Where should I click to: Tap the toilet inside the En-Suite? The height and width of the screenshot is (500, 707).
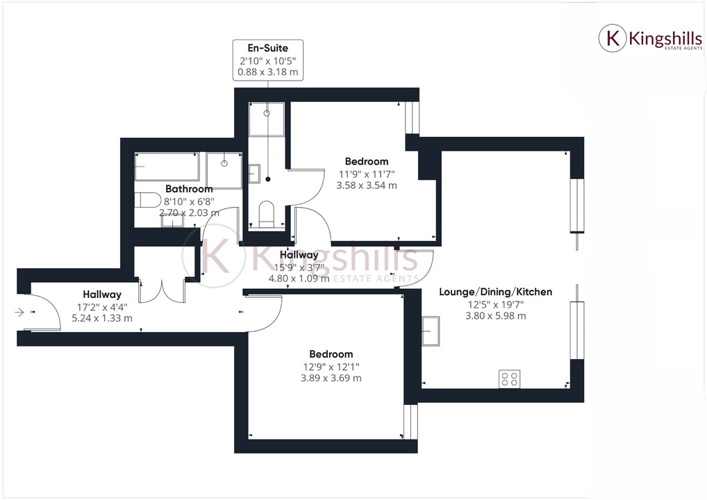(266, 213)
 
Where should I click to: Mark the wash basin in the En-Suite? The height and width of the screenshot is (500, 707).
(254, 172)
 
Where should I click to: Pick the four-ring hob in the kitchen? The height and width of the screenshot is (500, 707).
(509, 379)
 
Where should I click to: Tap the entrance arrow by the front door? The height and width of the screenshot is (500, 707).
(19, 312)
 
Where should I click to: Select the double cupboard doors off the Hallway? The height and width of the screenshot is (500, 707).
(162, 290)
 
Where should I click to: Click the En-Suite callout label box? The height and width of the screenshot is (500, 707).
(268, 60)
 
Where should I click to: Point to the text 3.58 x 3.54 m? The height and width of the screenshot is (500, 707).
(367, 185)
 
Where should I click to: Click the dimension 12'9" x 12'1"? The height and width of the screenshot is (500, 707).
(331, 367)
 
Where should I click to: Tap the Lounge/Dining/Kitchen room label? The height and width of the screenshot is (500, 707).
(496, 292)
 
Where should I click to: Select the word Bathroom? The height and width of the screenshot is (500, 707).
(189, 189)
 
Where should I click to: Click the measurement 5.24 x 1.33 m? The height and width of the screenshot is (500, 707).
(103, 318)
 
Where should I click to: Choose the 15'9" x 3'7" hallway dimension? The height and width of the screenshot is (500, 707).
(299, 267)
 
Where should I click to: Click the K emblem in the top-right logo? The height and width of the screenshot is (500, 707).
(613, 38)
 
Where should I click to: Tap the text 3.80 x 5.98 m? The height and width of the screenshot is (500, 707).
(496, 316)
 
